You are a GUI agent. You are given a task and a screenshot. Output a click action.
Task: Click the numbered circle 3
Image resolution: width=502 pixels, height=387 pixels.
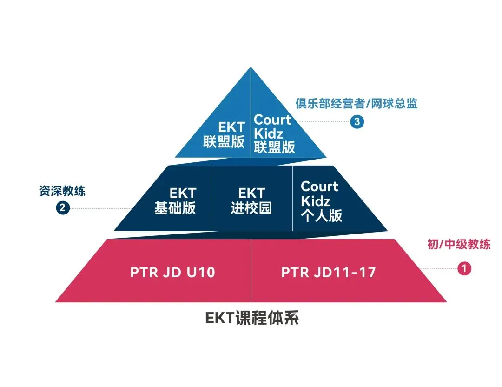[357, 122]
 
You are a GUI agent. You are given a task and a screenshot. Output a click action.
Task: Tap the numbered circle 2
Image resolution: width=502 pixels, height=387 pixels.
[63, 208]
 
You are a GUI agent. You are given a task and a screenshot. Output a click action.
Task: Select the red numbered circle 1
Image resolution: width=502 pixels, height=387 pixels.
[464, 268]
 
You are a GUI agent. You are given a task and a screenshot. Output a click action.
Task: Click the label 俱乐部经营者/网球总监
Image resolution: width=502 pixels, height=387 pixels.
[357, 104]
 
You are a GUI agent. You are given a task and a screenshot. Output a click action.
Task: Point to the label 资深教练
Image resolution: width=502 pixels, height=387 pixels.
[62, 191]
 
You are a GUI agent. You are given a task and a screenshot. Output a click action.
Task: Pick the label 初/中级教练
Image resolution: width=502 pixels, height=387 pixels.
[459, 244]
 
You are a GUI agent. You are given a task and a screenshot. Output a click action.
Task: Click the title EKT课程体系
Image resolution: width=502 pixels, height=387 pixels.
[251, 319]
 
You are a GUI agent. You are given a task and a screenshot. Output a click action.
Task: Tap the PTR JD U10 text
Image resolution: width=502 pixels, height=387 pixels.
[172, 272]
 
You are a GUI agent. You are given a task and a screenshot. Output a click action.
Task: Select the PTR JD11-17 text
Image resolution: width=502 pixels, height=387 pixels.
[328, 272]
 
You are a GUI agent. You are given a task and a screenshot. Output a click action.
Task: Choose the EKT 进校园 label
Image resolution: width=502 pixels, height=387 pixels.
[251, 200]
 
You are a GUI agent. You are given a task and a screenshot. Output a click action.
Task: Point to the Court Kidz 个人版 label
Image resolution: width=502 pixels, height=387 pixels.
[321, 201]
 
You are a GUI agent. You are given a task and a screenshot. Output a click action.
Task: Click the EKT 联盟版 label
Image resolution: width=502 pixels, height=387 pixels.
[225, 134]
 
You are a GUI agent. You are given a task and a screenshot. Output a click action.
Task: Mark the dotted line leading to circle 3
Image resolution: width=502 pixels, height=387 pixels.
[325, 122]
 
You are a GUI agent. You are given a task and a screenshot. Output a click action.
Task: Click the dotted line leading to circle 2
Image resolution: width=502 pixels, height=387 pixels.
[100, 208]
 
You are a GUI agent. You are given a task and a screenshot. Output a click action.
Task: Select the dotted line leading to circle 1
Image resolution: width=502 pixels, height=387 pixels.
[439, 268]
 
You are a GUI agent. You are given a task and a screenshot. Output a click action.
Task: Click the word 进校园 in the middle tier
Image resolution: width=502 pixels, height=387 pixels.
[251, 208]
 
